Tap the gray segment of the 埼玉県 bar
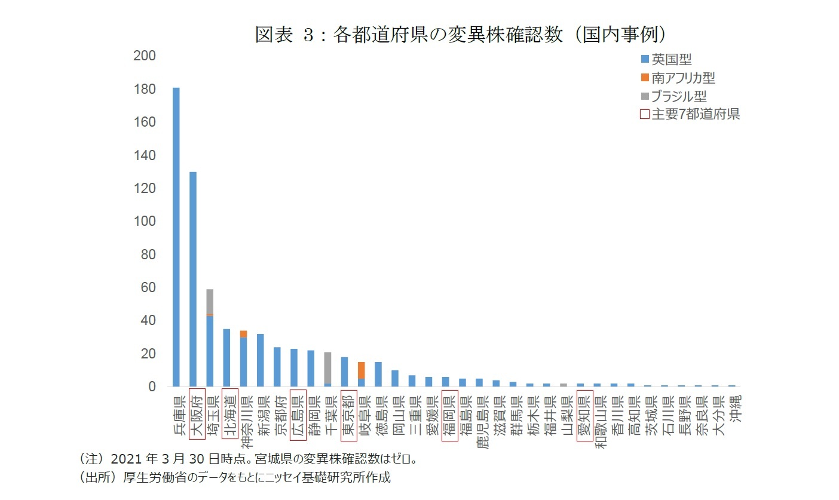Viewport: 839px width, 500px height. click(x=210, y=301)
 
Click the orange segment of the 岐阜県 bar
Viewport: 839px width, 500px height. click(x=362, y=370)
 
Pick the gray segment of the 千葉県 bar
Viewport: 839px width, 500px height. click(x=327, y=367)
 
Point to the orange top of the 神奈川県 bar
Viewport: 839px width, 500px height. click(x=243, y=334)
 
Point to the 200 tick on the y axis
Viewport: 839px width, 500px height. click(x=144, y=56)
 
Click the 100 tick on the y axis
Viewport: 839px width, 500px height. click(x=144, y=222)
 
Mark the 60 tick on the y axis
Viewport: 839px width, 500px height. click(x=147, y=288)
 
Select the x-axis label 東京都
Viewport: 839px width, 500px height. click(x=348, y=415)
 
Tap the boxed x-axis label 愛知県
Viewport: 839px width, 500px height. click(x=584, y=415)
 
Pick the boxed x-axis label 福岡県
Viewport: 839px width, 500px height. click(x=449, y=415)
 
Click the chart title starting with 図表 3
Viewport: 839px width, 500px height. click(x=460, y=35)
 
